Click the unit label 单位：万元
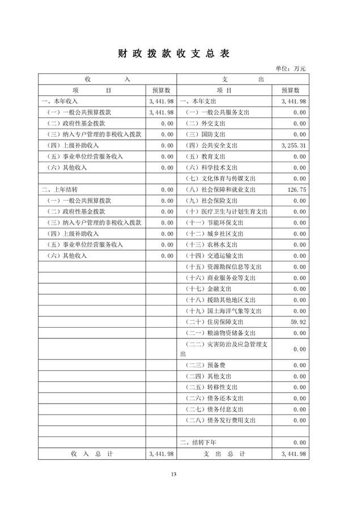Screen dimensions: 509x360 291,69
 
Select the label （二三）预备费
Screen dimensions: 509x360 206,366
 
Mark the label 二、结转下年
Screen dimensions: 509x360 198,442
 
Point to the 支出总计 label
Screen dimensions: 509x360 225,454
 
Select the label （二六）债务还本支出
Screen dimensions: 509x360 216,398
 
